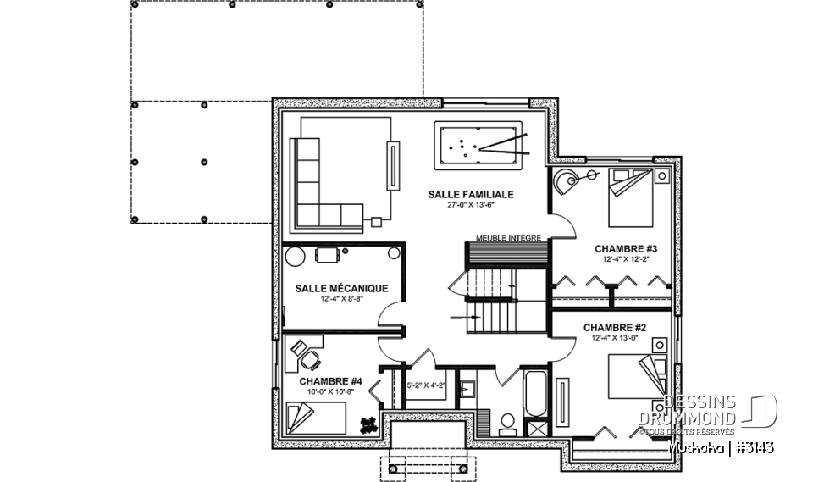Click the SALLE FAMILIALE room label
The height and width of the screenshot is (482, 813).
point(470,194)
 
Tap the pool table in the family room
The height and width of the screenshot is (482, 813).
point(479,146)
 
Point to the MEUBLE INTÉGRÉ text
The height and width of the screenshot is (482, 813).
point(508,238)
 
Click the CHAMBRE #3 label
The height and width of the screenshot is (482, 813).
point(626,249)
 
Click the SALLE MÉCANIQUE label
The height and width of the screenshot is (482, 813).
point(341,288)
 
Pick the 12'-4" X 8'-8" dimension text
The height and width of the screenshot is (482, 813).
point(341,299)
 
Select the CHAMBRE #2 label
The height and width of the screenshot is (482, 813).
point(615,327)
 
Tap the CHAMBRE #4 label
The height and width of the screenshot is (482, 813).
point(330,382)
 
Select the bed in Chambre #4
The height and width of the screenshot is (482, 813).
point(316,417)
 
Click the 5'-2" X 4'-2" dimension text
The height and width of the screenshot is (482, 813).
point(425,386)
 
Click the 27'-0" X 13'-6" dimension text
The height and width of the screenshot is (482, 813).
point(470,205)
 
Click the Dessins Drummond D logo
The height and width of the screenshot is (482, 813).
point(764,410)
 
